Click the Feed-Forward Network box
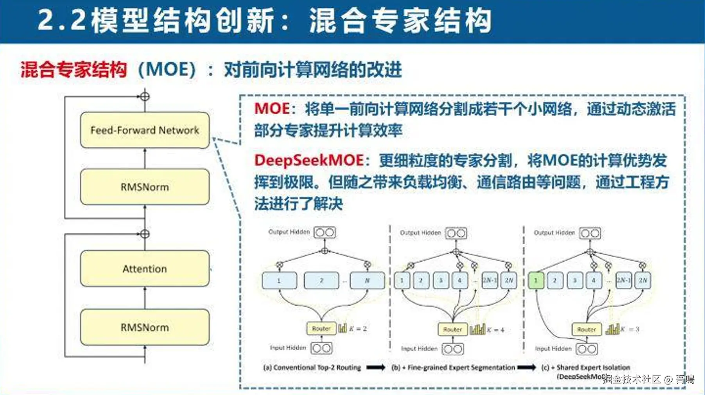[x=145, y=130]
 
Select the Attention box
[x=145, y=269]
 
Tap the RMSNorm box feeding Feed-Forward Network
[x=145, y=187]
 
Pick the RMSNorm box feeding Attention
[x=145, y=327]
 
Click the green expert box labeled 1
[x=536, y=280]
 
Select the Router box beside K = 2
[x=321, y=328]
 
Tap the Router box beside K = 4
[x=452, y=330]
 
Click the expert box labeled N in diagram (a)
[x=367, y=280]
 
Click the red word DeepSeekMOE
[x=309, y=160]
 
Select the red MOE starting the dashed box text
[x=272, y=108]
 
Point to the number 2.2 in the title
[x=62, y=20]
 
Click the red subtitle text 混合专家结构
[x=74, y=70]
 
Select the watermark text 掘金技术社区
[x=631, y=379]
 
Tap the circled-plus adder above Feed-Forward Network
[x=145, y=96]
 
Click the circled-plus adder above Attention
[x=145, y=234]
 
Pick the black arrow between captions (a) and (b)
[x=375, y=367]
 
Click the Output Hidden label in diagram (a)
[x=289, y=232]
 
